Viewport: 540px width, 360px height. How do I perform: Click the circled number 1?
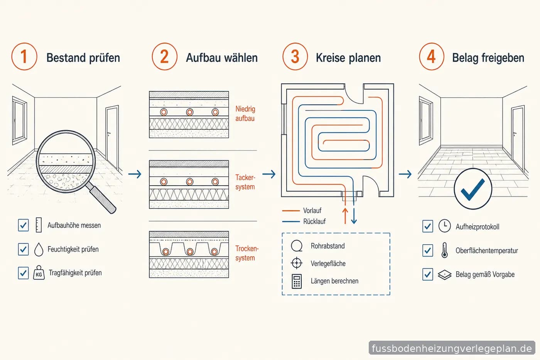pos(24,57)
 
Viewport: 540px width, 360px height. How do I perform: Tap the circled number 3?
pos(295,57)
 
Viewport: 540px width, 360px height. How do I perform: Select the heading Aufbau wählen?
pos(222,58)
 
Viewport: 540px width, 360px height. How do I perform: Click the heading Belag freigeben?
pos(488,58)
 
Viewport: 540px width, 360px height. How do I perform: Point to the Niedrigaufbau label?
pos(245,113)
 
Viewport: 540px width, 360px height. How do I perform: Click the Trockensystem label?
pos(247,253)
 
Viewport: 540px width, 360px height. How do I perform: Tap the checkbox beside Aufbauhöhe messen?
pos(24,225)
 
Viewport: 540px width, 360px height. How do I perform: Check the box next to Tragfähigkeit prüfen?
pos(24,273)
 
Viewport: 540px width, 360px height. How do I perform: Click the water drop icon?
pos(39,249)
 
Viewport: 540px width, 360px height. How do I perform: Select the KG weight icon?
pos(39,273)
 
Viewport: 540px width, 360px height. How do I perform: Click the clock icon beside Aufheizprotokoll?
pos(444,226)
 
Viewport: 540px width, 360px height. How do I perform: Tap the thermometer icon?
pos(444,250)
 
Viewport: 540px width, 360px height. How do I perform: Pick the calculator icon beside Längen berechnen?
pos(297,281)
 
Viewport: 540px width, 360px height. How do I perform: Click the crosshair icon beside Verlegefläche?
pos(297,263)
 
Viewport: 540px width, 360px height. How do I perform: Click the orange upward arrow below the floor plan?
pos(345,216)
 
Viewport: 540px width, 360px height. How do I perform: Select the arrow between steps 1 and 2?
pos(135,174)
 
